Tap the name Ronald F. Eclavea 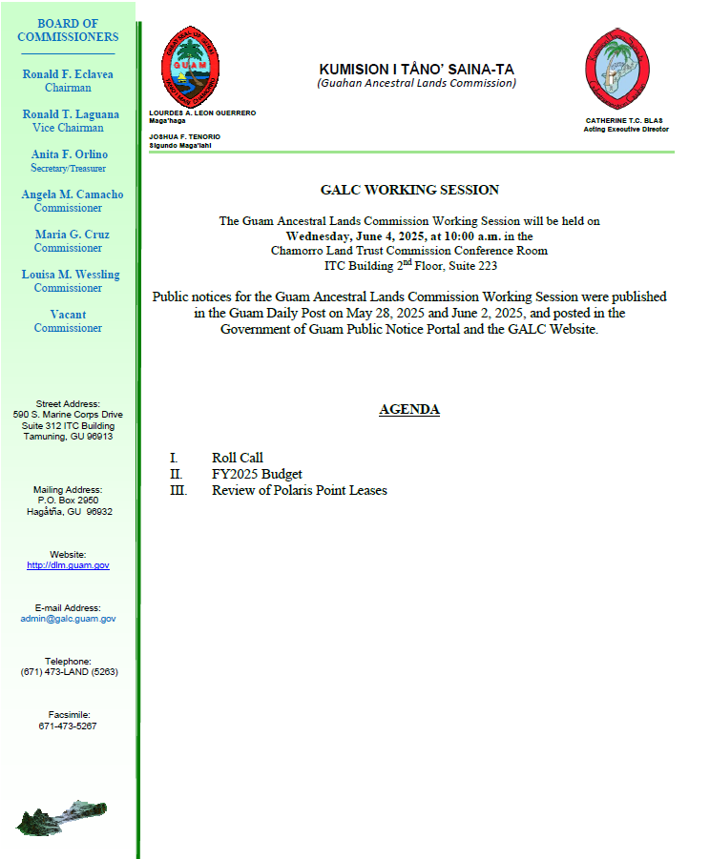pyautogui.click(x=67, y=73)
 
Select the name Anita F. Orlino pyautogui.click(x=67, y=154)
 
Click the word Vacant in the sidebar pyautogui.click(x=68, y=315)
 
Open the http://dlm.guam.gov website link pyautogui.click(x=68, y=565)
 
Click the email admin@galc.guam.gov pyautogui.click(x=68, y=619)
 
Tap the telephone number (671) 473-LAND pyautogui.click(x=68, y=672)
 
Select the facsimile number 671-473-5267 pyautogui.click(x=68, y=726)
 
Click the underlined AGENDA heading pyautogui.click(x=409, y=409)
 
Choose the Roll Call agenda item pyautogui.click(x=238, y=459)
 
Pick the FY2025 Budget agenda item pyautogui.click(x=257, y=474)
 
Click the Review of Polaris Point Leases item pyautogui.click(x=299, y=490)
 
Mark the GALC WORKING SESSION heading pyautogui.click(x=409, y=190)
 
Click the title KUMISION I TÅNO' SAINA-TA pyautogui.click(x=416, y=70)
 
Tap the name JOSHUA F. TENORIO pyautogui.click(x=185, y=136)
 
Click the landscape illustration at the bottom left pyautogui.click(x=62, y=815)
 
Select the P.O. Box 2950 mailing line pyautogui.click(x=68, y=501)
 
